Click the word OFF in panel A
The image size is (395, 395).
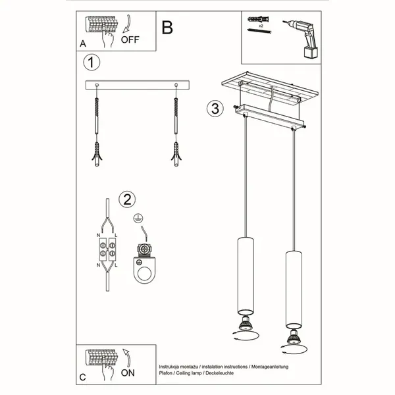click(x=130, y=39)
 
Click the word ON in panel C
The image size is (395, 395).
click(x=128, y=372)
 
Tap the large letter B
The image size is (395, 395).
click(x=167, y=28)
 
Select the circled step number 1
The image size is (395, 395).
click(x=92, y=63)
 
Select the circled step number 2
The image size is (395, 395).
click(x=127, y=198)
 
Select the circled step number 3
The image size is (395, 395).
click(x=213, y=109)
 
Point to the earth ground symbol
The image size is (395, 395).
click(x=138, y=218)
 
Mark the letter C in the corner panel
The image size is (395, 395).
click(x=82, y=377)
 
